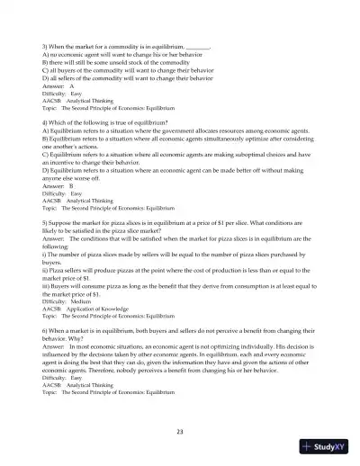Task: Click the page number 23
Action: [180, 433]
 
